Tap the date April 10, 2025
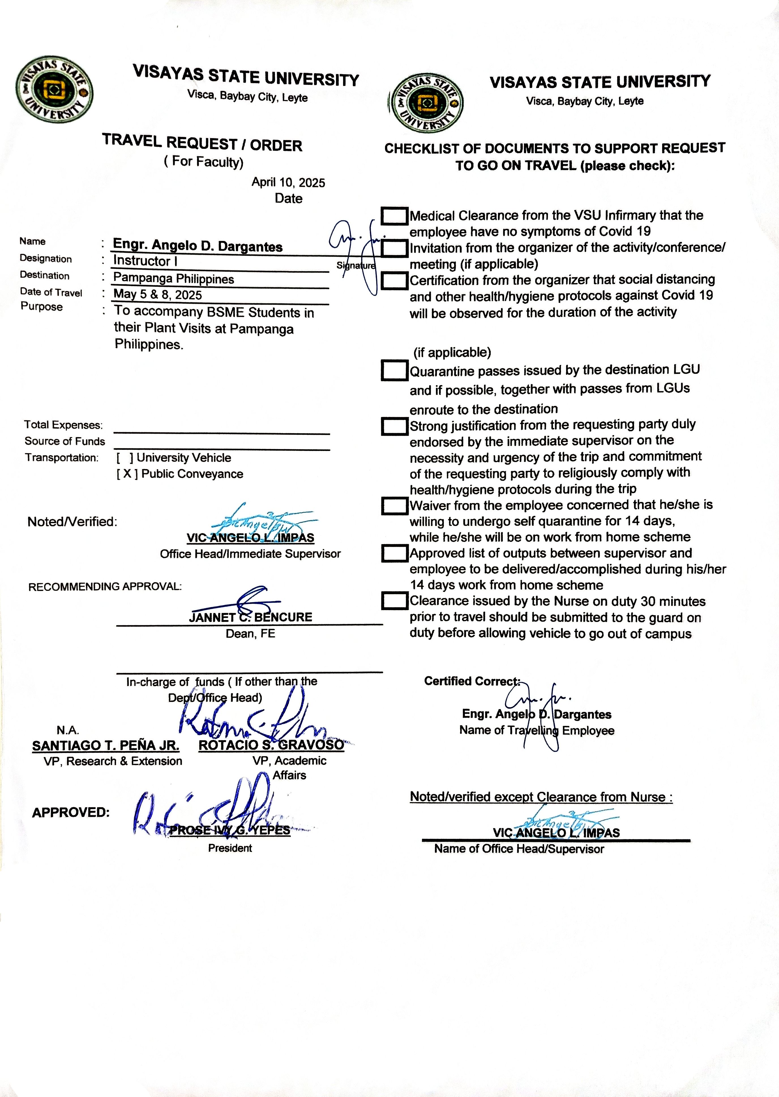point(288,182)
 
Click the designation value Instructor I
point(145,261)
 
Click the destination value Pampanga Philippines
point(174,278)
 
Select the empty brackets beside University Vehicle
point(125,457)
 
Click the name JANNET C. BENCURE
point(251,617)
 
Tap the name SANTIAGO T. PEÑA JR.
point(106,745)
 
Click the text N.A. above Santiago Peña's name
point(68,730)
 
